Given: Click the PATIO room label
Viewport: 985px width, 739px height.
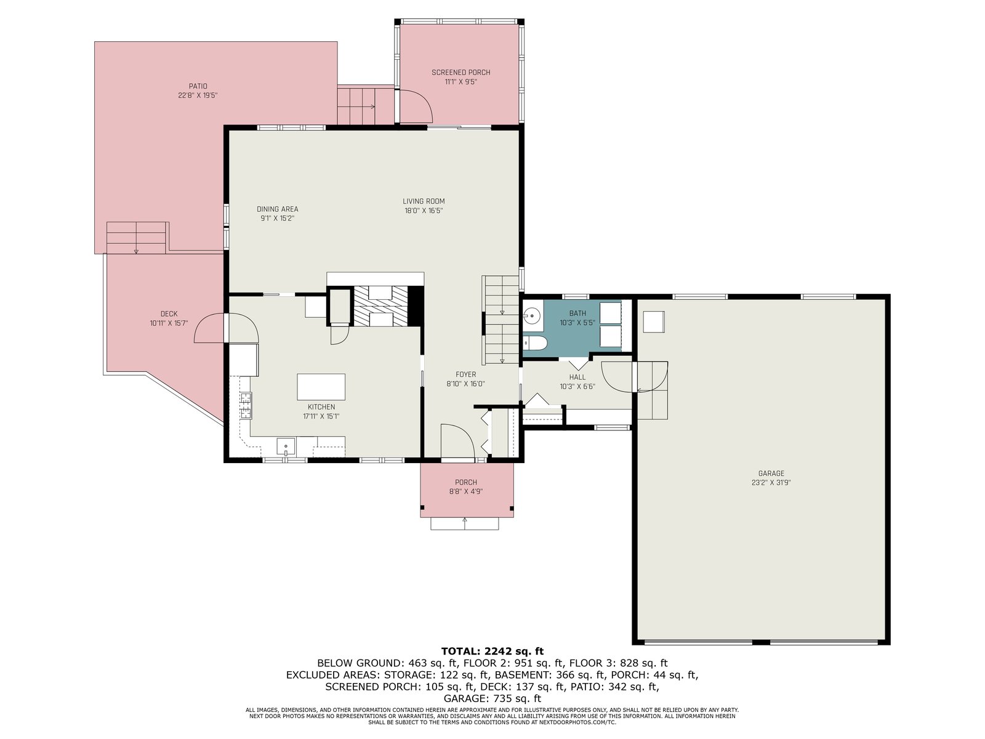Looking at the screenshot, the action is pyautogui.click(x=198, y=86).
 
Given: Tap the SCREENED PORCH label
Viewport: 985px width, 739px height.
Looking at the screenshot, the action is pyautogui.click(x=461, y=72).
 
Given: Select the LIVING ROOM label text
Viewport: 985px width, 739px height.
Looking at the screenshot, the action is pyautogui.click(x=424, y=201).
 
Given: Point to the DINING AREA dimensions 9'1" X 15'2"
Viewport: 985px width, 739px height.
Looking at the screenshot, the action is pyautogui.click(x=278, y=219).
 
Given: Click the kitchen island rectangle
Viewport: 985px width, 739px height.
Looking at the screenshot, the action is pyautogui.click(x=321, y=387).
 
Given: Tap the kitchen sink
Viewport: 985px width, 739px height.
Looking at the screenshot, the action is pyautogui.click(x=286, y=447).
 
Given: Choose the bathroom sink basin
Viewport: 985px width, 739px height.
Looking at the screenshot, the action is pyautogui.click(x=533, y=316).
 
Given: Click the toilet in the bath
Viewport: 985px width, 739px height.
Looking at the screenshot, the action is pyautogui.click(x=534, y=343).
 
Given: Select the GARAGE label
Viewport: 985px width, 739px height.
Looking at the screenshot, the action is pyautogui.click(x=771, y=474).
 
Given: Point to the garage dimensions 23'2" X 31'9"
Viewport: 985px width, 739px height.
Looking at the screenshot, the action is pyautogui.click(x=771, y=483).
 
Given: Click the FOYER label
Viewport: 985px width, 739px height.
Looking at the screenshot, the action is pyautogui.click(x=466, y=374).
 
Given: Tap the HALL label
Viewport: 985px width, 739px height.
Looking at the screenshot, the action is pyautogui.click(x=577, y=378).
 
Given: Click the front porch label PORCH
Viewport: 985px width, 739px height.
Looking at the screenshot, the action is pyautogui.click(x=466, y=482).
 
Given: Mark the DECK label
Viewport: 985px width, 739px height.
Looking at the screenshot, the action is pyautogui.click(x=169, y=314).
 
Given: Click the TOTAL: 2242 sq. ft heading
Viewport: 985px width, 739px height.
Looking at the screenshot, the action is pyautogui.click(x=492, y=651).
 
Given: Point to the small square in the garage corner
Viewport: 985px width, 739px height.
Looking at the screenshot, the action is pyautogui.click(x=653, y=321).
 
